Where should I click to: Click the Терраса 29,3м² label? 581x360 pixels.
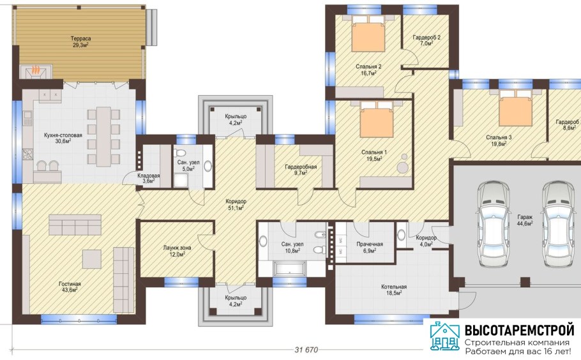(81, 42)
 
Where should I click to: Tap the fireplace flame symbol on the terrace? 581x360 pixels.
(36, 70)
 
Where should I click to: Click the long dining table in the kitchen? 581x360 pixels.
(103, 136)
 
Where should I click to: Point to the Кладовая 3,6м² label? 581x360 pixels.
(149, 179)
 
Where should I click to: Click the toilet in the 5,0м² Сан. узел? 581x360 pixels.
(181, 153)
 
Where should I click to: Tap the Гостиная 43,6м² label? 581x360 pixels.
(70, 287)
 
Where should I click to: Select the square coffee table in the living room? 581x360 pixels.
(91, 259)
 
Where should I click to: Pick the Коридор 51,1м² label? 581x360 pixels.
(236, 204)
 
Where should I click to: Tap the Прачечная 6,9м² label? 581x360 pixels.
(370, 247)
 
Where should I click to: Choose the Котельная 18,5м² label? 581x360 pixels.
(394, 290)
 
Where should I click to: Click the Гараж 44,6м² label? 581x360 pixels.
(525, 220)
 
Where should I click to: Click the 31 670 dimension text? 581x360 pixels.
(306, 350)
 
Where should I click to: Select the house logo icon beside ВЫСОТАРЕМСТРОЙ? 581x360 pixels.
(444, 336)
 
